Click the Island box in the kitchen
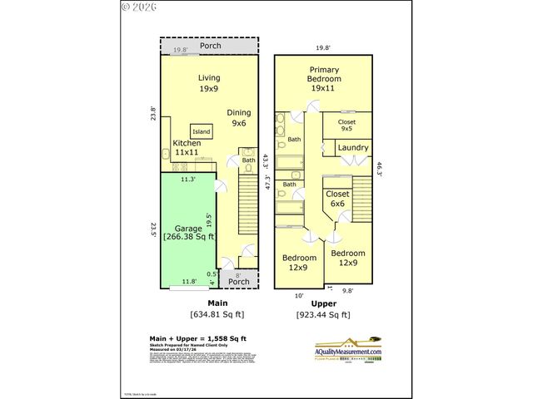pyautogui.click(x=202, y=131)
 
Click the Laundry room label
pyautogui.click(x=353, y=148)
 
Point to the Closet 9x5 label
pyautogui.click(x=346, y=126)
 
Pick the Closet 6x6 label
pyautogui.click(x=337, y=199)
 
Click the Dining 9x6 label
pyautogui.click(x=238, y=117)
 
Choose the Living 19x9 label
pyautogui.click(x=208, y=82)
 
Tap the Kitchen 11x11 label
pyautogui.click(x=187, y=148)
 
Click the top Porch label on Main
pyautogui.click(x=211, y=46)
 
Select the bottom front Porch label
pyautogui.click(x=239, y=281)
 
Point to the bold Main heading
pyautogui.click(x=217, y=303)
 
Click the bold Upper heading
pyautogui.click(x=323, y=303)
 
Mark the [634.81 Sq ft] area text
pyautogui.click(x=217, y=315)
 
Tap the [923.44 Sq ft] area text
pyautogui.click(x=323, y=315)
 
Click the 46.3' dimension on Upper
pyautogui.click(x=380, y=169)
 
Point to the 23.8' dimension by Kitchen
pyautogui.click(x=153, y=115)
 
